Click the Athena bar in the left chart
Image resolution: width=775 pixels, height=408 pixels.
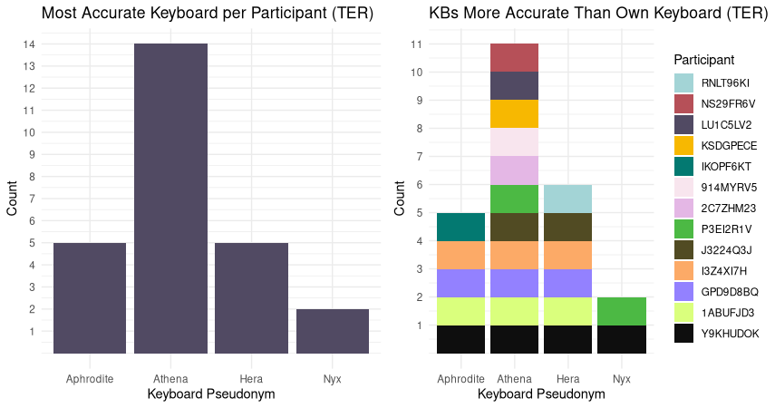[170, 198]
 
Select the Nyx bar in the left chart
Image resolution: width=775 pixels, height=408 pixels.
[332, 331]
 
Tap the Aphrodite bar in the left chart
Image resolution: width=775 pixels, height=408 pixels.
[90, 297]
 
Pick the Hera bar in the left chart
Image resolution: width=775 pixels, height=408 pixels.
[251, 297]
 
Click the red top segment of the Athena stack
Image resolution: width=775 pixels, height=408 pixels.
[515, 57]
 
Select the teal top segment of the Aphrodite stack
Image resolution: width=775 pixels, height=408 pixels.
[461, 227]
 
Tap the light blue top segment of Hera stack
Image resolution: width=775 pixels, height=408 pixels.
[567, 199]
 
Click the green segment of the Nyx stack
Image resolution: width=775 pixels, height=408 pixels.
[621, 311]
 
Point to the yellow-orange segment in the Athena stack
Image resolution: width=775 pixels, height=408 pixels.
[515, 113]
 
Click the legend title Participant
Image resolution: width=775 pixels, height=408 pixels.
[703, 60]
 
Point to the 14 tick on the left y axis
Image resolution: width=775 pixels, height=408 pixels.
[30, 44]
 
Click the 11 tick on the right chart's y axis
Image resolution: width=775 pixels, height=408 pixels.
[417, 44]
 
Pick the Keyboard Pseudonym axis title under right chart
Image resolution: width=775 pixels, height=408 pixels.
[541, 394]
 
